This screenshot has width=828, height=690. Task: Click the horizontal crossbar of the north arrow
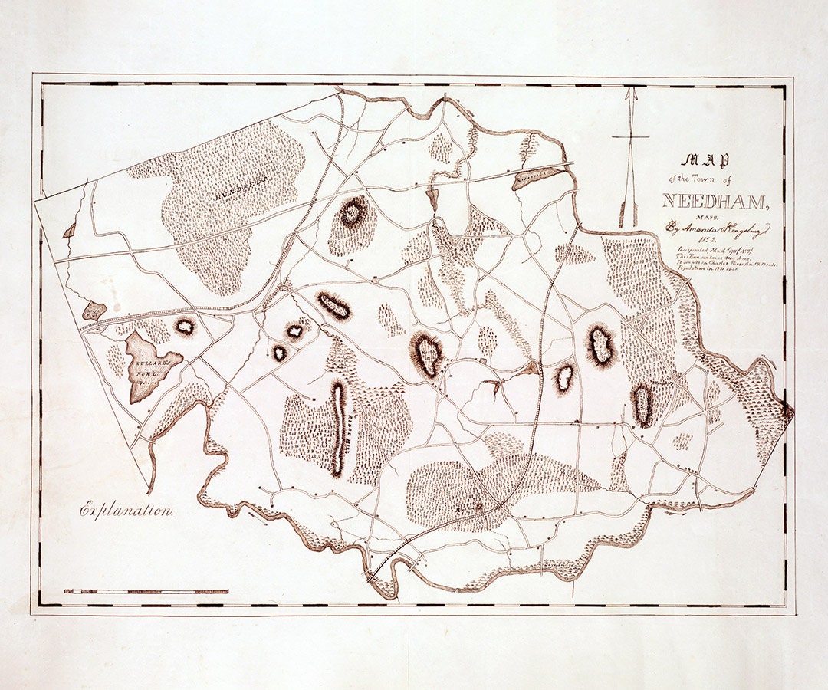click(630, 138)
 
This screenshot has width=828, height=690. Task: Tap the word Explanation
click(127, 510)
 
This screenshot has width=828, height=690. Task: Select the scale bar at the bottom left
click(146, 592)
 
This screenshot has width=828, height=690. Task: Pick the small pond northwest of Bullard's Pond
click(94, 310)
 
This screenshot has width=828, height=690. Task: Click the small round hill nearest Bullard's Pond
click(185, 326)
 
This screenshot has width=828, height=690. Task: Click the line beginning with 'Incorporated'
click(705, 250)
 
